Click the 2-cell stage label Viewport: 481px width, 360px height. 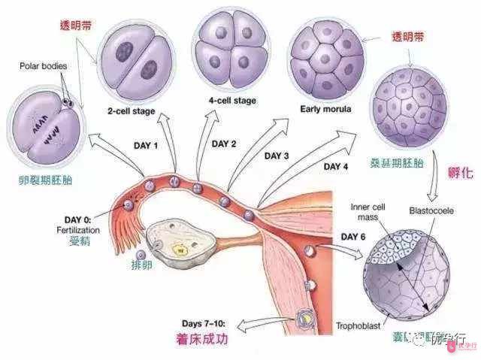[132, 111]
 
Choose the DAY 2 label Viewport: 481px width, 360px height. [224, 144]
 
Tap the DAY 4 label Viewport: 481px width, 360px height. [336, 165]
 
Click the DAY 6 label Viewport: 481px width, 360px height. [353, 237]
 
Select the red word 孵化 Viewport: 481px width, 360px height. [460, 174]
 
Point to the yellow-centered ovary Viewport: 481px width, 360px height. [178, 247]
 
